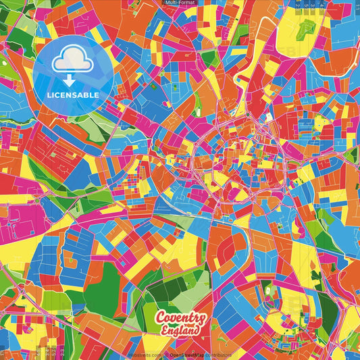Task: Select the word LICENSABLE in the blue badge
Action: (x=73, y=95)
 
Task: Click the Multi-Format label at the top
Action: (x=179, y=3)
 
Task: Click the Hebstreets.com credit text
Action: (x=145, y=353)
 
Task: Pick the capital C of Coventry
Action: (x=161, y=317)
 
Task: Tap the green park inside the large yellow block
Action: (x=306, y=28)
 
